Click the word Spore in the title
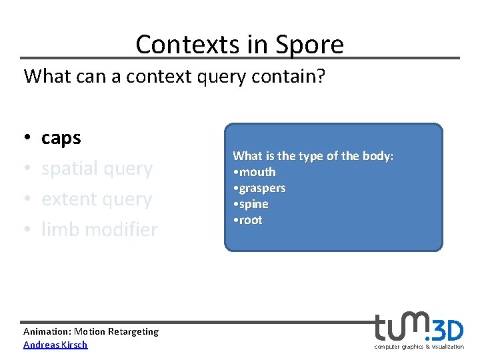(x=312, y=45)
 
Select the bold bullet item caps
(x=61, y=139)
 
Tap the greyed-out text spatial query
(x=97, y=169)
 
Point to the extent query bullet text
(x=97, y=199)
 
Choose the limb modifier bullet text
(x=99, y=230)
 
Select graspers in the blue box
(x=262, y=188)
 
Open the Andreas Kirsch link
(x=55, y=345)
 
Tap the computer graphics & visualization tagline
(x=419, y=347)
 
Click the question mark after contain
(x=321, y=76)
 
